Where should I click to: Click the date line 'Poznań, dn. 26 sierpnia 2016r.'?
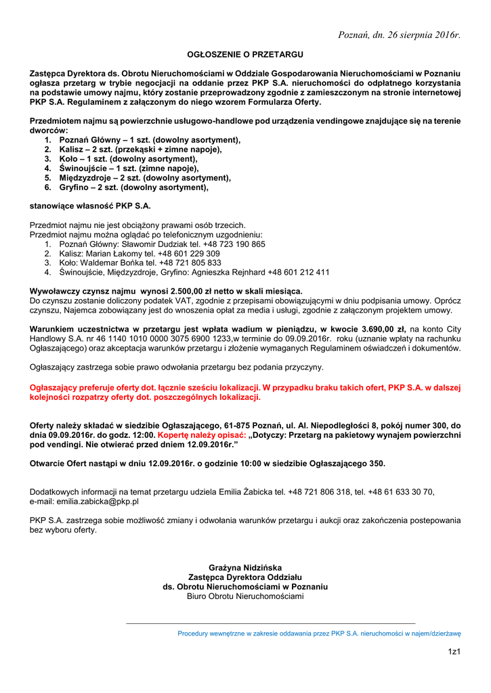[x=400, y=35]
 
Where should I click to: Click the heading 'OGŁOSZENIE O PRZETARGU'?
[x=245, y=53]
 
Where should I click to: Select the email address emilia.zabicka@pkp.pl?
[x=85, y=501]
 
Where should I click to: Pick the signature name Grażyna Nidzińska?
[x=245, y=568]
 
